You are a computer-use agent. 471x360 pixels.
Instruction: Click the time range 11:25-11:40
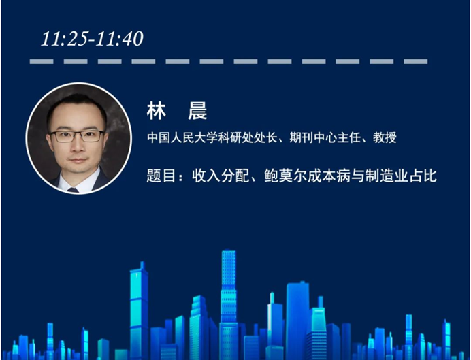(92, 39)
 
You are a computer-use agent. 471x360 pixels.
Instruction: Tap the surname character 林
(156, 111)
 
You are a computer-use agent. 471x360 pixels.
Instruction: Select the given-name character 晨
(197, 111)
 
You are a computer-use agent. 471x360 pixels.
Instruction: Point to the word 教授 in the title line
(385, 138)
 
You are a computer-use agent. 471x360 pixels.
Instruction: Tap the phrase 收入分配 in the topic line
(221, 176)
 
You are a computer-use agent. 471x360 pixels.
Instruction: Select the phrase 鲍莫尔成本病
(307, 176)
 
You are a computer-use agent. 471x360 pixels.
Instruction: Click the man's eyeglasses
(78, 136)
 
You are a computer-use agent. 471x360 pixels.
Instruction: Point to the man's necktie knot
(73, 189)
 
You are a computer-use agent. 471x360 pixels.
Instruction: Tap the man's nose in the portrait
(78, 146)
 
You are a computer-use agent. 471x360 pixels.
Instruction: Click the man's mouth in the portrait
(78, 160)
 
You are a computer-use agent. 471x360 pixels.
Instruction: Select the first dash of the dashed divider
(42, 61)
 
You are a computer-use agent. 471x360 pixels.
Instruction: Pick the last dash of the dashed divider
(415, 61)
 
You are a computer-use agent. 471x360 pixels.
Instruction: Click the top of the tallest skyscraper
(229, 252)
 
